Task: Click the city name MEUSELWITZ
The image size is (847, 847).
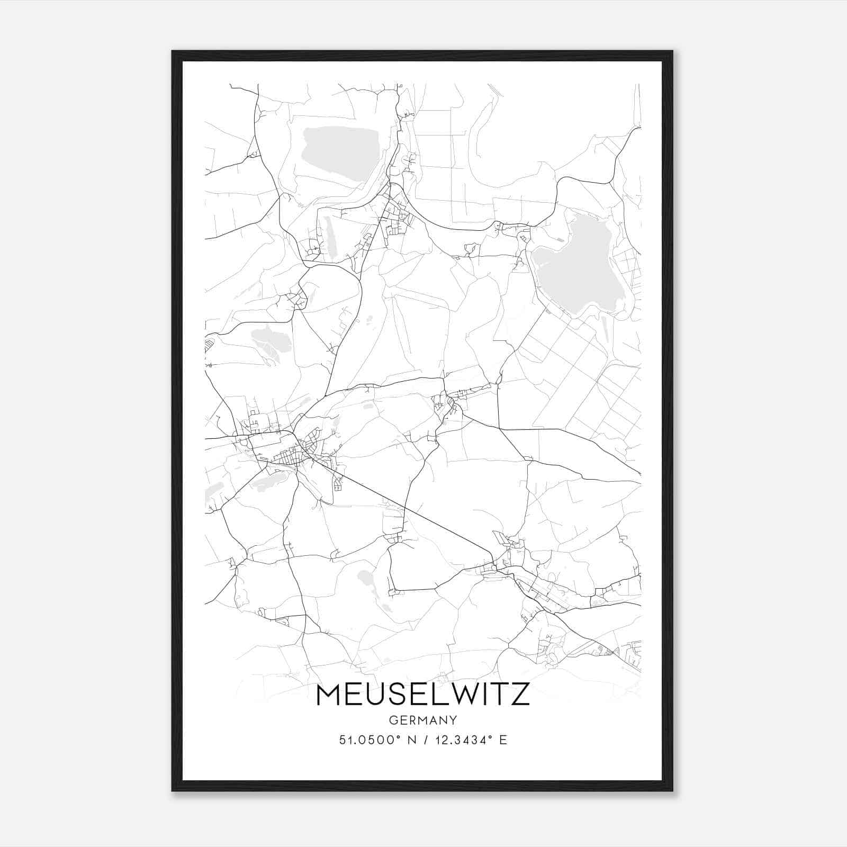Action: click(x=422, y=695)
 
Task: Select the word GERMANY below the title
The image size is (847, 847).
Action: click(x=422, y=720)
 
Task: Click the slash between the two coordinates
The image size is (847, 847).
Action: click(x=424, y=740)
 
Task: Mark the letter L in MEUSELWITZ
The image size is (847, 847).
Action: click(x=435, y=695)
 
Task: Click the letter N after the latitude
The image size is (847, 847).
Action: click(x=409, y=740)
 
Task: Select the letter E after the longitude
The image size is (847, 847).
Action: click(x=503, y=740)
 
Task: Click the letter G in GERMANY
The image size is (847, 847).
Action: click(x=393, y=720)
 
